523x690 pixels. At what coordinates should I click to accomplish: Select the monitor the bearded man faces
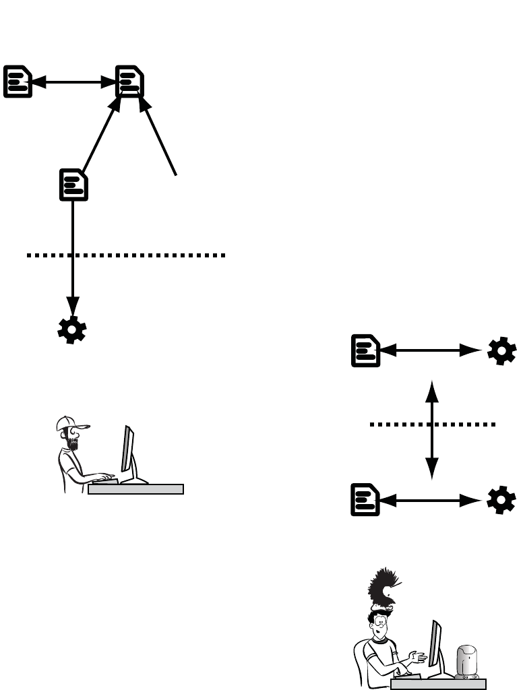pos(128,449)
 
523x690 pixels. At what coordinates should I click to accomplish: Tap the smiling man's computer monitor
pos(435,644)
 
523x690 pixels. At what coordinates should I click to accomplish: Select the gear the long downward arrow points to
pos(72,330)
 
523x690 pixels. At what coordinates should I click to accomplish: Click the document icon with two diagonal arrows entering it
pos(129,82)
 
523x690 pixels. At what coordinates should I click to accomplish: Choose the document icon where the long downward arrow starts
pos(73,184)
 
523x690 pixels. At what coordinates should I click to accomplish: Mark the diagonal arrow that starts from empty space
pos(160,138)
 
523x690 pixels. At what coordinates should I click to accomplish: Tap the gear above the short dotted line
pos(502,350)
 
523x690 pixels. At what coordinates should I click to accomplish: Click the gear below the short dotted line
pos(502,500)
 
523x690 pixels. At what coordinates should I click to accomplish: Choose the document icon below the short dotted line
pos(365,500)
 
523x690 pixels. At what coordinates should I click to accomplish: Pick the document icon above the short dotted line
pos(365,350)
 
